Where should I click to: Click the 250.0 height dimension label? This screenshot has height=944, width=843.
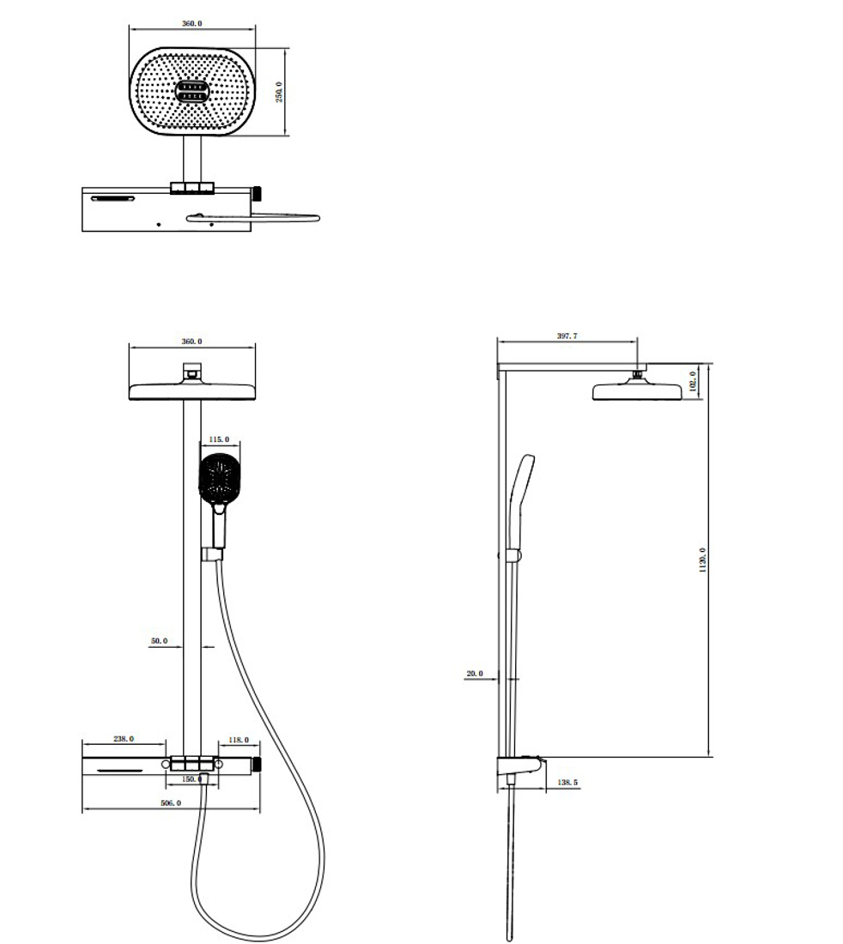click(279, 93)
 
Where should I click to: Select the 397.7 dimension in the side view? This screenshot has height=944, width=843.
click(567, 336)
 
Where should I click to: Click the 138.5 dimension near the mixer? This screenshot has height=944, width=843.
click(568, 783)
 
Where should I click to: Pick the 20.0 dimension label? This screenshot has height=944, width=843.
click(475, 674)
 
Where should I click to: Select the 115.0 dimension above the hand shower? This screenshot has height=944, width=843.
click(220, 439)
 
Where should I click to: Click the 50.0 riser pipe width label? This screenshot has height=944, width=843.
click(159, 641)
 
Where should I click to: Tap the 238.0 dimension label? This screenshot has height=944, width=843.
click(124, 739)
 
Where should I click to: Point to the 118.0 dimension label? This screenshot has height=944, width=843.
click(239, 739)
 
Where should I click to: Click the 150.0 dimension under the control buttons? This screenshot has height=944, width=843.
click(192, 779)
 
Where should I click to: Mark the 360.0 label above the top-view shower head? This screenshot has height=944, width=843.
click(192, 23)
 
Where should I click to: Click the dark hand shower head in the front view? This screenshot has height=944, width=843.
click(221, 478)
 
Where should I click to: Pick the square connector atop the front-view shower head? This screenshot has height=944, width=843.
click(192, 372)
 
